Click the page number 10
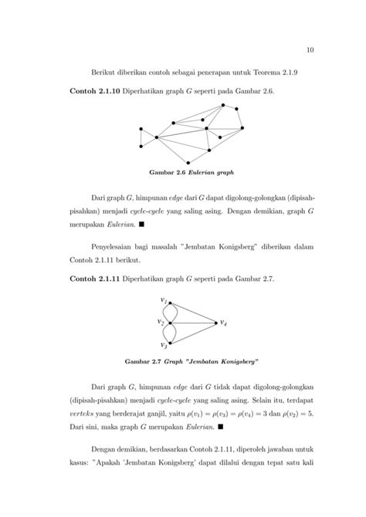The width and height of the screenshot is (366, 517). [x=310, y=51]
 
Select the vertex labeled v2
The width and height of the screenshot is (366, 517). [x=171, y=322]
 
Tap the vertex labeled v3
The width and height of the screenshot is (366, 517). [x=171, y=343]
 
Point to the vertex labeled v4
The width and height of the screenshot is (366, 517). [x=215, y=322]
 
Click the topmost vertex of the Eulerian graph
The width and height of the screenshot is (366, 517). [x=223, y=105]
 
